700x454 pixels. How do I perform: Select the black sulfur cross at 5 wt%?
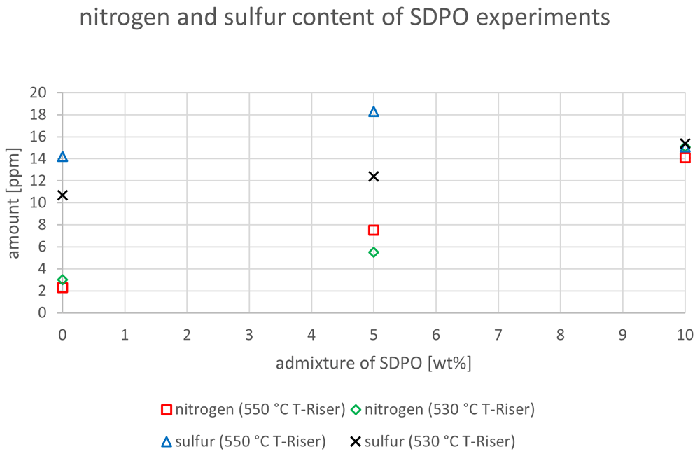click(374, 177)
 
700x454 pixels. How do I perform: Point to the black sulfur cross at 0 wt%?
click(62, 195)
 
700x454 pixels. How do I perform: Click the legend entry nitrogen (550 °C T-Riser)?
click(253, 409)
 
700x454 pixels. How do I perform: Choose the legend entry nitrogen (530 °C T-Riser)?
click(443, 409)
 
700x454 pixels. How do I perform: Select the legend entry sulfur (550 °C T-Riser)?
click(244, 441)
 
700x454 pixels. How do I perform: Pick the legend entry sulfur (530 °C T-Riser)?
click(433, 441)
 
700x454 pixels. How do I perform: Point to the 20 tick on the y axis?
click(38, 92)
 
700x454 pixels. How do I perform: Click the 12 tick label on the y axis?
click(38, 181)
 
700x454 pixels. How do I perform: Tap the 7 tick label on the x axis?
click(498, 335)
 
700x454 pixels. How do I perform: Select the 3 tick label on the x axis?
click(249, 335)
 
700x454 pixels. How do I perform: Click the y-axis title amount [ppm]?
click(13, 203)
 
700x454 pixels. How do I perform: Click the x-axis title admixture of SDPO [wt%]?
click(374, 363)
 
